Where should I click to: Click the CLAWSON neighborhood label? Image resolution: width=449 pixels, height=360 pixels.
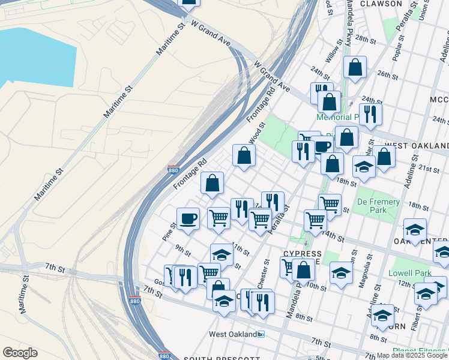381,4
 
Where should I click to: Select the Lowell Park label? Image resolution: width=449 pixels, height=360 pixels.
410,272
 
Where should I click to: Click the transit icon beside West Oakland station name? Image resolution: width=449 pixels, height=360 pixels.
261,334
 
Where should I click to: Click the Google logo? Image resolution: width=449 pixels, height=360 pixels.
20,353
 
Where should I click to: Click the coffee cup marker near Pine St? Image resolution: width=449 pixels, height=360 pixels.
188,219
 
